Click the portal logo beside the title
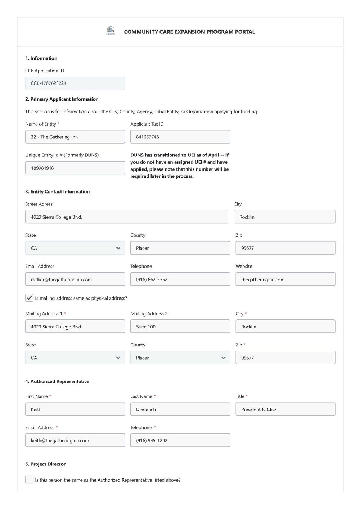click(x=111, y=31)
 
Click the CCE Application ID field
click(x=75, y=83)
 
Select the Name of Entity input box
click(x=75, y=137)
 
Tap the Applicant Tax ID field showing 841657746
click(x=180, y=137)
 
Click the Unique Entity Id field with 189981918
click(x=75, y=168)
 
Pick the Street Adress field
click(x=126, y=217)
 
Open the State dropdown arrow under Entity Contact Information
click(x=118, y=248)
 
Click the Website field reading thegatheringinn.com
click(x=285, y=280)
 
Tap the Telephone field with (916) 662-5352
click(x=180, y=280)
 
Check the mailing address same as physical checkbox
click(x=30, y=298)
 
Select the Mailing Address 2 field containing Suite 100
click(x=180, y=327)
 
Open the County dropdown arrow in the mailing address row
click(x=223, y=358)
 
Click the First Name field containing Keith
click(x=75, y=409)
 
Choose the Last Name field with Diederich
click(x=180, y=409)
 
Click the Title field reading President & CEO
click(x=285, y=409)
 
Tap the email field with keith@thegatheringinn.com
click(x=75, y=440)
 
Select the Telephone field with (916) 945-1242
click(x=180, y=440)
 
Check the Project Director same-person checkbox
click(x=30, y=480)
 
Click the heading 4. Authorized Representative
click(x=57, y=381)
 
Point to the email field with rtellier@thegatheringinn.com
click(x=75, y=280)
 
